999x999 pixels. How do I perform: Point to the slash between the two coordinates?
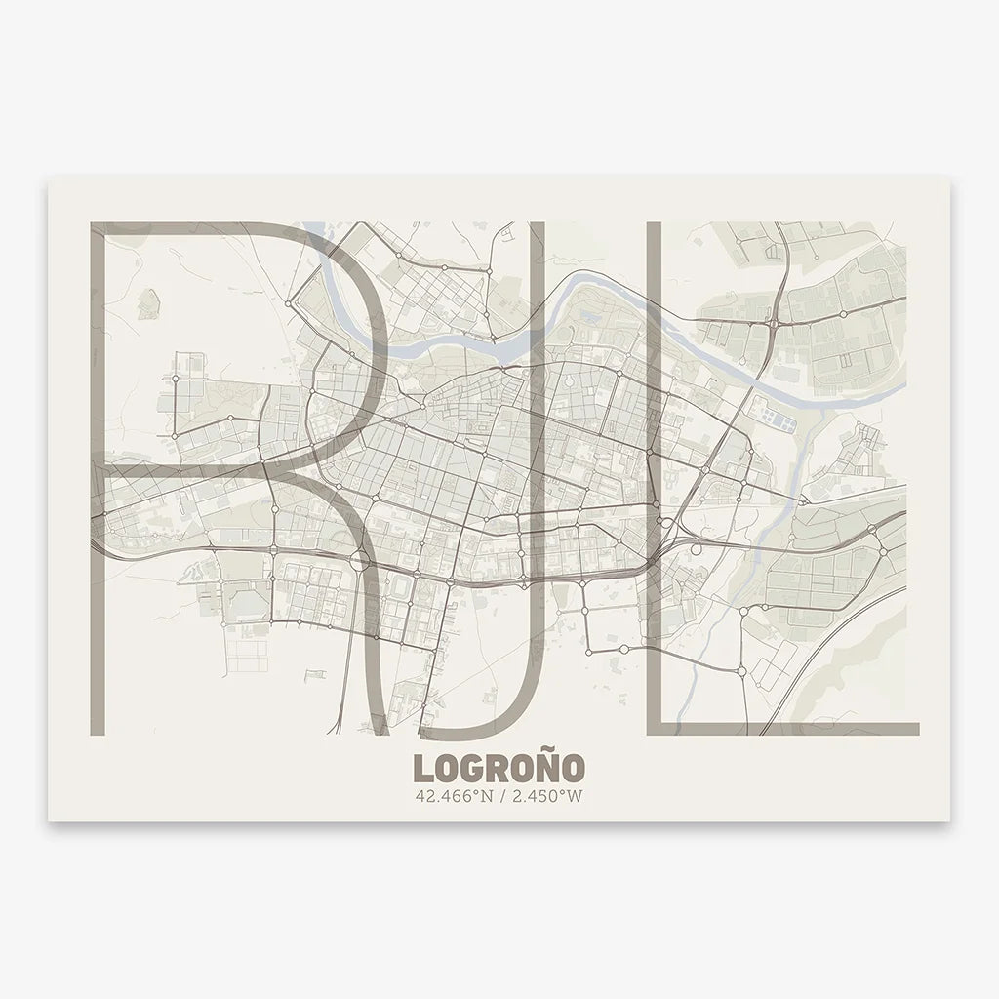[x=499, y=797]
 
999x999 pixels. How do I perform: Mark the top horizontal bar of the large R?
[x=195, y=229]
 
